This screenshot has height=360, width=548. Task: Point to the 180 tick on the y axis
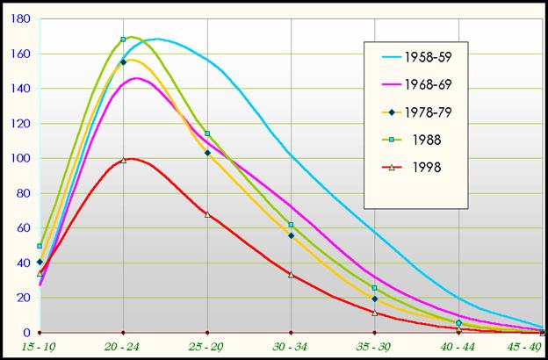[x=20, y=18]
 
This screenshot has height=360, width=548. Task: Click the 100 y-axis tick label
[x=20, y=158]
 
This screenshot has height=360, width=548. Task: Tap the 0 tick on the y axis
[x=27, y=333]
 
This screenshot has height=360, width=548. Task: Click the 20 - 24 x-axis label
[x=123, y=348]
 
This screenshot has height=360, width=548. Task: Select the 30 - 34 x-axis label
[x=291, y=348]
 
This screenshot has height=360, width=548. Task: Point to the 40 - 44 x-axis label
[x=458, y=348]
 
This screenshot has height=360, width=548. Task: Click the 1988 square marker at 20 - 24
[x=123, y=40]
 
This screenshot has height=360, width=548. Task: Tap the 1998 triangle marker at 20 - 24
[x=123, y=160]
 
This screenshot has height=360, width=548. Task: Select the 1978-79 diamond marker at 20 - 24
[x=123, y=62]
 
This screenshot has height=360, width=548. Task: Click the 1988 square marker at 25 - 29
[x=207, y=133]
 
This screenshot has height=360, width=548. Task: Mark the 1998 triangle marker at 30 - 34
[x=291, y=275]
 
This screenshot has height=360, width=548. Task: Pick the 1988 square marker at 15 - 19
[x=40, y=246]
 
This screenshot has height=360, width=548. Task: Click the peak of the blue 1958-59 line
[x=156, y=39]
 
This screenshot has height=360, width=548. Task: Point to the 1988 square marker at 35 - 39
[x=375, y=288]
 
